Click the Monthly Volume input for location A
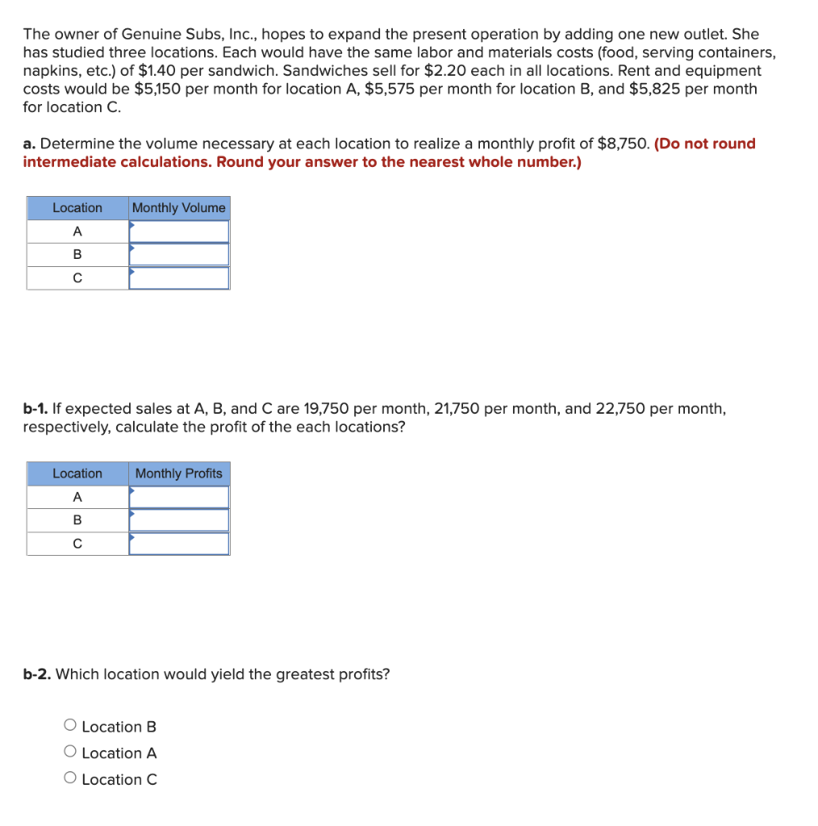[179, 232]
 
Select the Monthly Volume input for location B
[179, 255]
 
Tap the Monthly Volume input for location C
[179, 278]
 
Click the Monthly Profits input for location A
[179, 497]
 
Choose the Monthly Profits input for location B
[179, 520]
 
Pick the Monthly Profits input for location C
[179, 544]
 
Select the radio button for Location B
[70, 726]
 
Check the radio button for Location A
[70, 753]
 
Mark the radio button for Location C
[70, 779]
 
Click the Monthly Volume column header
[179, 208]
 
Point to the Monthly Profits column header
[179, 473]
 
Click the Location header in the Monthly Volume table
[77, 208]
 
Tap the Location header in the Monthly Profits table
[77, 473]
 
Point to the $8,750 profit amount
[623, 144]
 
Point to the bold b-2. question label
[37, 674]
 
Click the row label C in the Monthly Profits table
[77, 544]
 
